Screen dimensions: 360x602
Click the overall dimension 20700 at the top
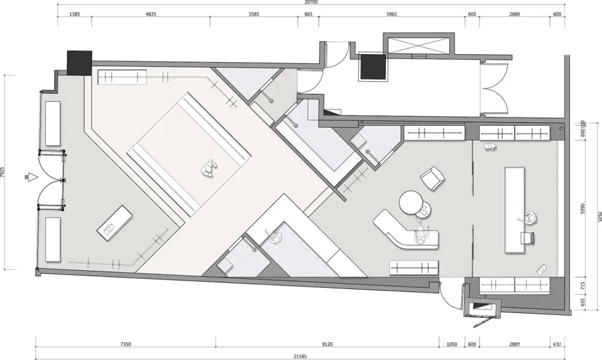[x=311, y=3]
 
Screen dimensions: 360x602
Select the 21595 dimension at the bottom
[x=299, y=356]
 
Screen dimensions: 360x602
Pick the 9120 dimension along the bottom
[x=327, y=345]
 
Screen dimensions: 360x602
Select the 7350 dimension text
[x=125, y=345]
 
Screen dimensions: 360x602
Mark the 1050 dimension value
[x=451, y=345]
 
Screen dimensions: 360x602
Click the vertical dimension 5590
[x=582, y=207]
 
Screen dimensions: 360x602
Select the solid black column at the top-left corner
[x=79, y=63]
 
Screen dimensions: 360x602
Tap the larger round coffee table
[x=411, y=201]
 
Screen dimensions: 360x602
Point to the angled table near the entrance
[x=114, y=223]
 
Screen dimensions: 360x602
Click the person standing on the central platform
[x=208, y=169]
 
